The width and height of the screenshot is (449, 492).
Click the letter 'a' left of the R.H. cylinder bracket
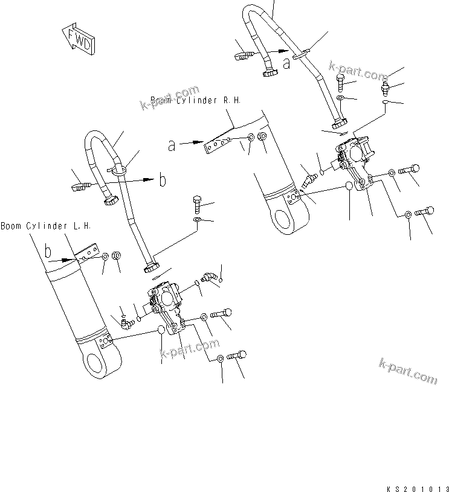(173, 145)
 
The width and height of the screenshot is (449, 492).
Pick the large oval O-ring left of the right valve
(350, 187)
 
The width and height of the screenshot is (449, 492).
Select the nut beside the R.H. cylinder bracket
(262, 138)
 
